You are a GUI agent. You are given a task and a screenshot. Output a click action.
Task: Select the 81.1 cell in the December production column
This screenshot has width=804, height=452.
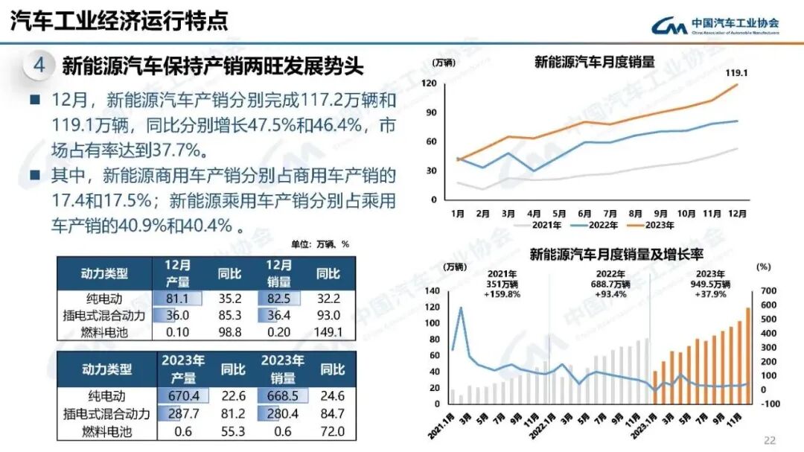176,299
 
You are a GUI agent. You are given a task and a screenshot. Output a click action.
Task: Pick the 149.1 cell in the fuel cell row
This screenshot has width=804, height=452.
328,332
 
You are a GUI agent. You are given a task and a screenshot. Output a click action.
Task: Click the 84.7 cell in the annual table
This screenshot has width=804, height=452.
328,413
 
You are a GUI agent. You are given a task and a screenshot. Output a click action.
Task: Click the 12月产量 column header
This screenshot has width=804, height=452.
176,273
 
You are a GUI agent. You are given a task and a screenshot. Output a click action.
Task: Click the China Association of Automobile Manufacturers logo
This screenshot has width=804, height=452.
715,25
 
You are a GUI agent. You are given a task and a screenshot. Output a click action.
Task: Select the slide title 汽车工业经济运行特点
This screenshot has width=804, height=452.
119,20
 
